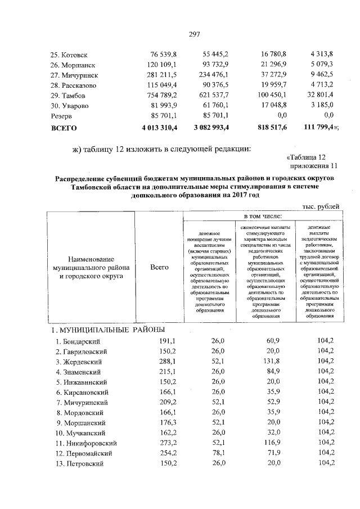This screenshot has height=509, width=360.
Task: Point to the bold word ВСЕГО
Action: click(64, 128)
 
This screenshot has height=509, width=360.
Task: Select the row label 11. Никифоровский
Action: click(82, 443)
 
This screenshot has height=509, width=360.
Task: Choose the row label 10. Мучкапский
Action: click(78, 433)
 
